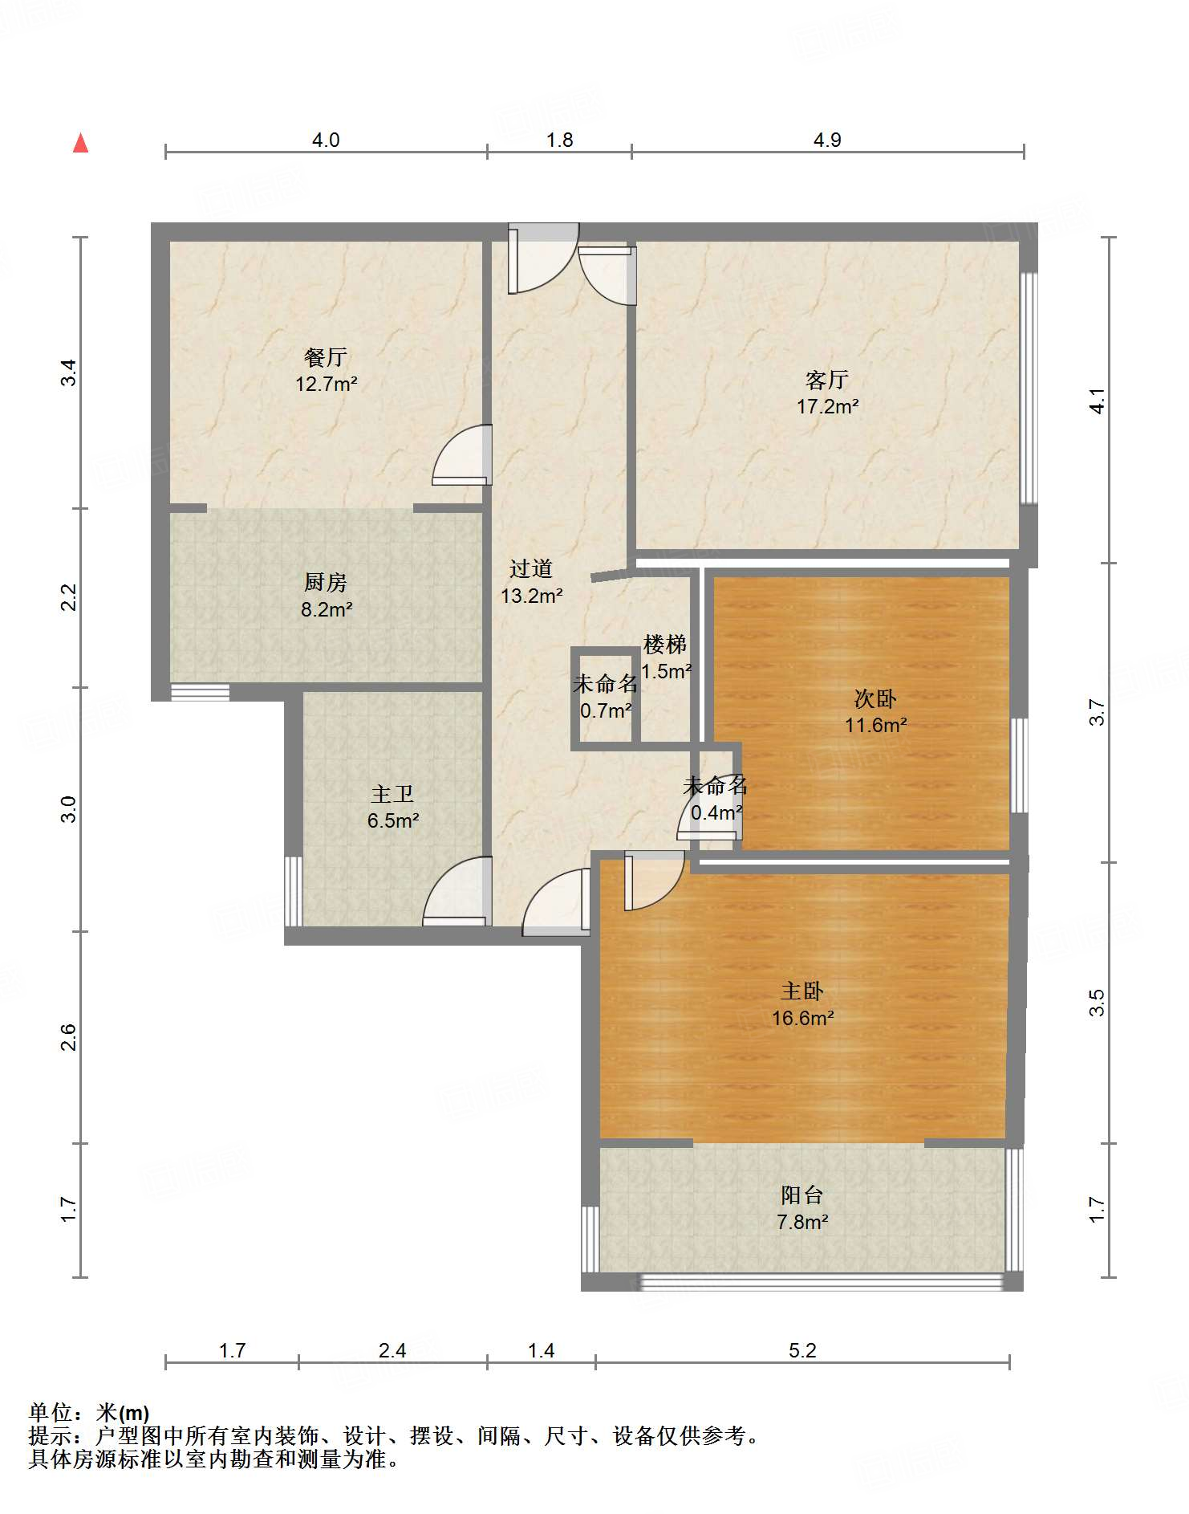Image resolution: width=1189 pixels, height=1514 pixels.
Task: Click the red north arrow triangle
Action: click(x=80, y=143)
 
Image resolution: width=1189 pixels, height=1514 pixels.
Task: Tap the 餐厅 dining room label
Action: click(x=326, y=356)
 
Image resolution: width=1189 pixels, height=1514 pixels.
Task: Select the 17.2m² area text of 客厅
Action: click(x=827, y=406)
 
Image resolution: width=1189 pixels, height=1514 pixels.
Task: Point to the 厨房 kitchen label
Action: click(x=326, y=582)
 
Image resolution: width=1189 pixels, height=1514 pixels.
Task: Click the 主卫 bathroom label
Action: click(x=392, y=794)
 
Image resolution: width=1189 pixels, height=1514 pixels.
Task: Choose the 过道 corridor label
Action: click(x=531, y=568)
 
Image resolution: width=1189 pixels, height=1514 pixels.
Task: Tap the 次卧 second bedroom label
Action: click(x=875, y=698)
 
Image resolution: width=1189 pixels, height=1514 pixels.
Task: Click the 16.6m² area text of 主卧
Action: click(x=802, y=1018)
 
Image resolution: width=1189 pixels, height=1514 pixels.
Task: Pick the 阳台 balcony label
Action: click(x=802, y=1195)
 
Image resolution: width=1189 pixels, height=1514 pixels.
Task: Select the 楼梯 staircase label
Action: click(x=665, y=644)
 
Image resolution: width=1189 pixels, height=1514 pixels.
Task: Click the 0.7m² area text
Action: click(x=606, y=710)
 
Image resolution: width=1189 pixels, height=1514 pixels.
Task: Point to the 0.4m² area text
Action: click(x=716, y=812)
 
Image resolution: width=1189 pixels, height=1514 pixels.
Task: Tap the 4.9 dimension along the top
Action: click(x=827, y=140)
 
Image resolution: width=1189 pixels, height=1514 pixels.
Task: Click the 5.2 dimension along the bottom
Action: click(x=802, y=1350)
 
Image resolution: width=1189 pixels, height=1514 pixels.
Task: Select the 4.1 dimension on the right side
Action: click(x=1097, y=401)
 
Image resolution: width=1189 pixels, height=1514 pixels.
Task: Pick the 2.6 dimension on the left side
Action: click(x=69, y=1037)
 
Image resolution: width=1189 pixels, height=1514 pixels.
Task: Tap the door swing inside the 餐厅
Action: click(x=461, y=454)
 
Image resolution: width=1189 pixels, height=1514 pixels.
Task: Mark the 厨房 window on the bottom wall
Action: click(x=200, y=692)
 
